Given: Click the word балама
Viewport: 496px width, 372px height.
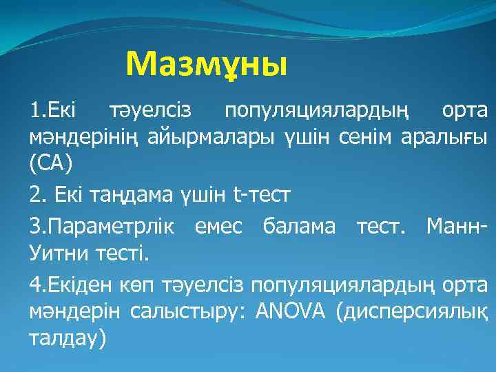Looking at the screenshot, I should (304, 225).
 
